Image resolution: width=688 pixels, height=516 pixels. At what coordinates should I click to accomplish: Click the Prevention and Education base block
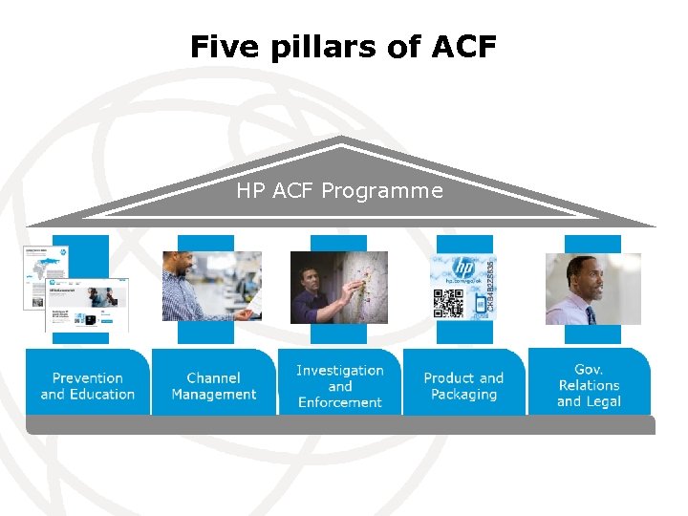coord(87,385)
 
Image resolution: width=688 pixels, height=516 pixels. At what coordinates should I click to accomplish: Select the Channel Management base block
coord(213,385)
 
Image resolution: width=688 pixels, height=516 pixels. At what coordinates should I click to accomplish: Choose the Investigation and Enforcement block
coord(339,385)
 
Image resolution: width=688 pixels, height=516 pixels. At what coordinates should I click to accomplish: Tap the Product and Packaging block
coord(463,385)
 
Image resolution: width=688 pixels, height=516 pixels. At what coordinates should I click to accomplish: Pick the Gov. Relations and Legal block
coord(589,385)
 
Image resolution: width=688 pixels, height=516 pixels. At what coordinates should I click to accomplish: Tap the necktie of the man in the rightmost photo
coord(590,312)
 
